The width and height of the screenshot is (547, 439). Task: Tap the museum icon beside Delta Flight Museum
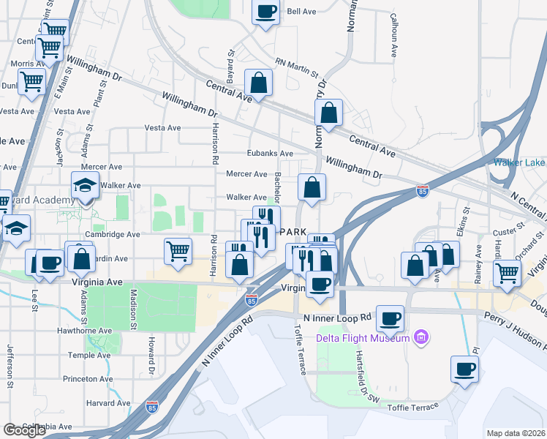tap(420, 337)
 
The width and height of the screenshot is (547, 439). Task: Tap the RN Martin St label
tap(297, 68)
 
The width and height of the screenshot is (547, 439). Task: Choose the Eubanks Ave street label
tap(270, 154)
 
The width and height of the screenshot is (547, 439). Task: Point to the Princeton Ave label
tap(89, 379)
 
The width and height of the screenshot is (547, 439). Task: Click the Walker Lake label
tap(519, 162)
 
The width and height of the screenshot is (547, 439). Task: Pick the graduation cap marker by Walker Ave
tap(85, 186)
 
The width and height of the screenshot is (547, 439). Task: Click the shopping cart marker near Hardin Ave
tap(178, 252)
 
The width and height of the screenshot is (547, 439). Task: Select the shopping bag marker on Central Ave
tap(258, 83)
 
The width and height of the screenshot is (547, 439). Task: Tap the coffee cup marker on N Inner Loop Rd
tap(391, 318)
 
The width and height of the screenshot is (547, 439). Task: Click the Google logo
tap(24, 430)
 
